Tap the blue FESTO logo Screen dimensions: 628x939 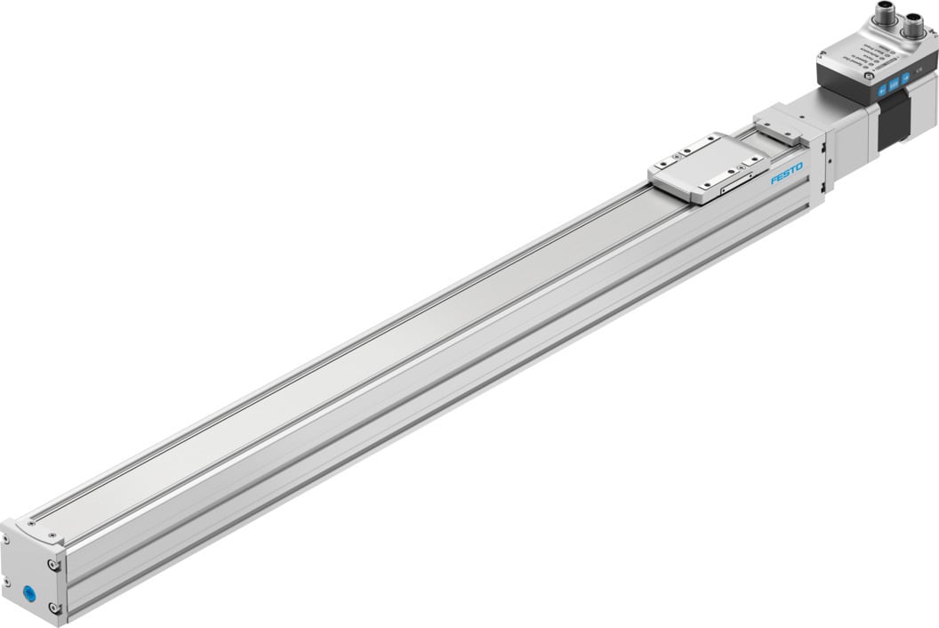786,173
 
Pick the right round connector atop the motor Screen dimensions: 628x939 913,28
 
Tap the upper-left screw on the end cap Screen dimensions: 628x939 5,540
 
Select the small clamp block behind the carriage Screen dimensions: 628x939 777,124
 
